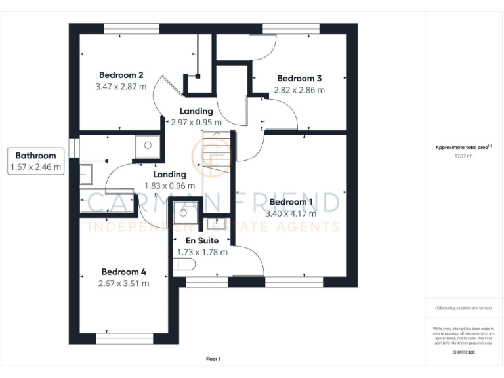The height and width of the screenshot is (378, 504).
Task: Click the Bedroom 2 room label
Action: pyautogui.click(x=121, y=74)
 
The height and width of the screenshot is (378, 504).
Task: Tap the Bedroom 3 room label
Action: pyautogui.click(x=299, y=77)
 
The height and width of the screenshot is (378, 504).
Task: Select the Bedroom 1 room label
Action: pyautogui.click(x=291, y=201)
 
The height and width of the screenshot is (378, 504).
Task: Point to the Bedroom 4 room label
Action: pyautogui.click(x=123, y=272)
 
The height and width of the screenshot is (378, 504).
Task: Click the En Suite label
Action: pyautogui.click(x=202, y=240)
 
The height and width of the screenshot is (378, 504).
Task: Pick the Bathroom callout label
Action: pyautogui.click(x=36, y=156)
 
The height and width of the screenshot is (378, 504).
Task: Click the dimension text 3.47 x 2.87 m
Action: pyautogui.click(x=121, y=86)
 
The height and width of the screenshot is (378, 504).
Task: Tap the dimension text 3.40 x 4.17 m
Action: pyautogui.click(x=291, y=213)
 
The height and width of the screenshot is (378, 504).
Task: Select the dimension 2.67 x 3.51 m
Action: pyautogui.click(x=123, y=283)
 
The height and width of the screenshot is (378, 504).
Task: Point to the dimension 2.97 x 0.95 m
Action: pyautogui.click(x=196, y=122)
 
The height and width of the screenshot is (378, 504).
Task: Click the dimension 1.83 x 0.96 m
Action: pyautogui.click(x=169, y=186)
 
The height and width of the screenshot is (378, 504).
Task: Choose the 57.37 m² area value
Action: pyautogui.click(x=464, y=156)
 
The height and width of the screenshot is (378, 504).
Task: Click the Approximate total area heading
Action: pyautogui.click(x=463, y=148)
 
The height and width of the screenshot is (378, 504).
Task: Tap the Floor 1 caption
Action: pyautogui.click(x=213, y=359)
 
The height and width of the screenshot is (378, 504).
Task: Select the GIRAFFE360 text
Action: pyautogui.click(x=464, y=353)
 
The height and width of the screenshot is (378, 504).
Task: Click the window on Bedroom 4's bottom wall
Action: pyautogui.click(x=124, y=339)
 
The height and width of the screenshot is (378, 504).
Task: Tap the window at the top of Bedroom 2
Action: pyautogui.click(x=131, y=28)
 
